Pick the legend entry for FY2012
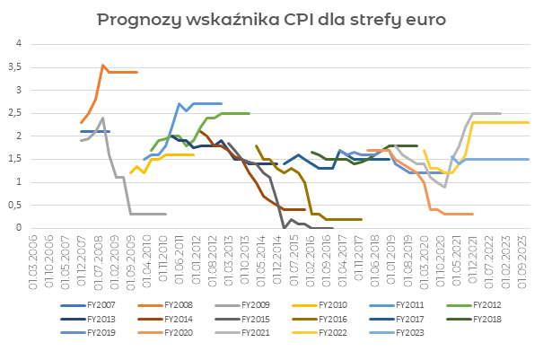pos(486,303)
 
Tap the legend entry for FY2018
pos(486,318)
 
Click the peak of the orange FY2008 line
pos(103,66)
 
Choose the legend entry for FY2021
pos(255,332)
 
